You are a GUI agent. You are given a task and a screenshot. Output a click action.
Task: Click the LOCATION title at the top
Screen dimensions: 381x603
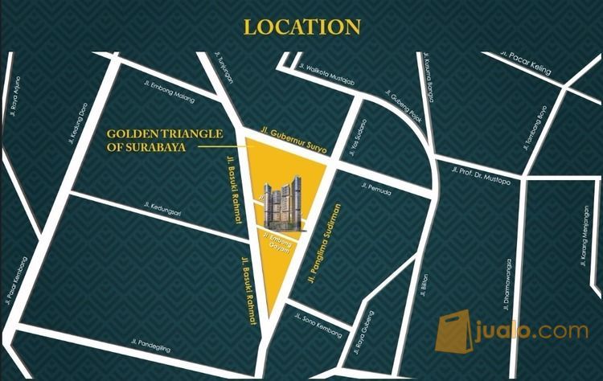(x=301, y=27)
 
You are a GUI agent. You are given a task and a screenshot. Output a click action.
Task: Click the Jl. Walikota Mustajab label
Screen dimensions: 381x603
(x=326, y=72)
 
